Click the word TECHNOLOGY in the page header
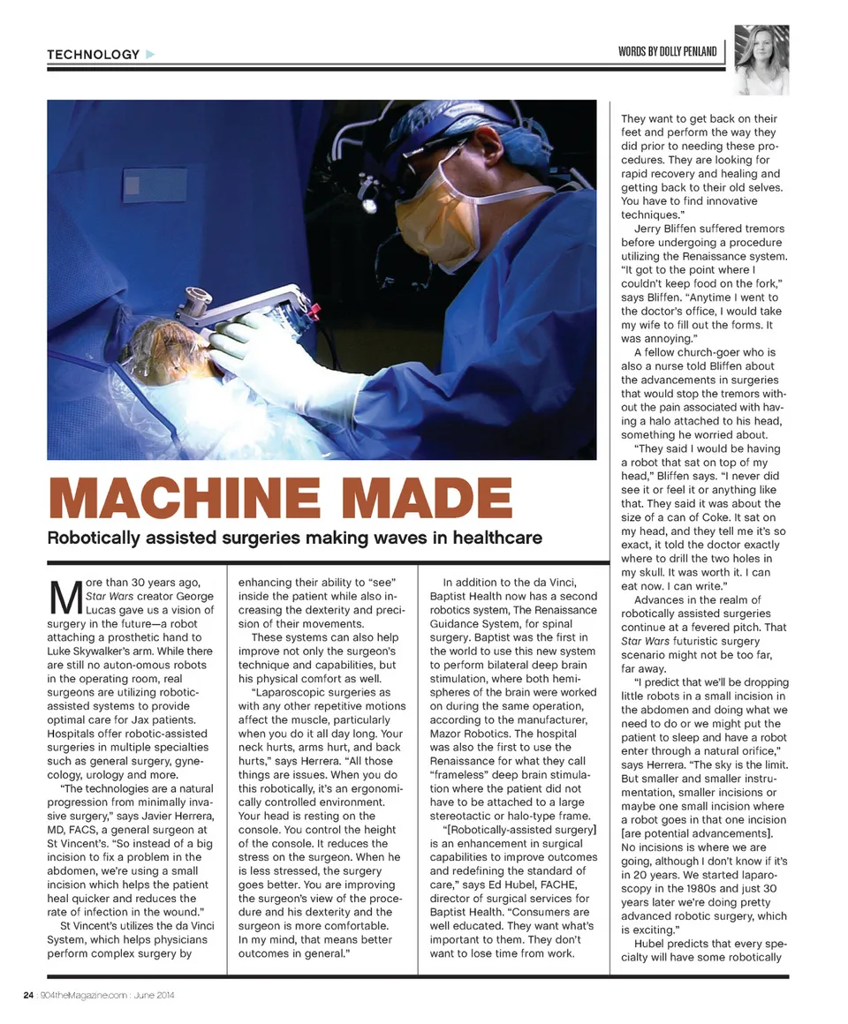[93, 55]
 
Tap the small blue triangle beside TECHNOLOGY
[150, 55]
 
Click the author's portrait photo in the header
[761, 60]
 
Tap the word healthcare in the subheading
[499, 538]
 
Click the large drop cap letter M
[61, 598]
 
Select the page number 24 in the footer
[28, 996]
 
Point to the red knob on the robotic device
[314, 309]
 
